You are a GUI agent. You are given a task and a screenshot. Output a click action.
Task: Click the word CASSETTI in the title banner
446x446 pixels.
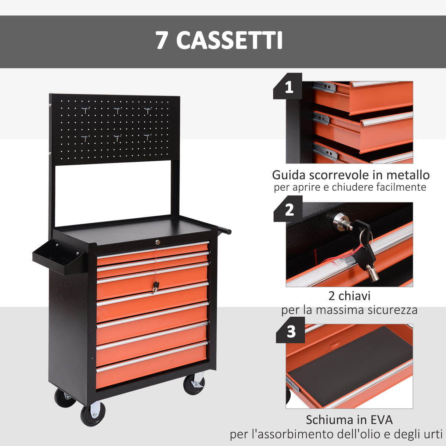(229, 40)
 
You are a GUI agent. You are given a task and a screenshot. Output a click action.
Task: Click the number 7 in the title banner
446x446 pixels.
(162, 40)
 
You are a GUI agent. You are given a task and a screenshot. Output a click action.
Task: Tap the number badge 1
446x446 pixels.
(289, 87)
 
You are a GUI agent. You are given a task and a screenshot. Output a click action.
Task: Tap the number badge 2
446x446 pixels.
(289, 210)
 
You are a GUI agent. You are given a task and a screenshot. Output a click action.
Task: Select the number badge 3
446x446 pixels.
(291, 332)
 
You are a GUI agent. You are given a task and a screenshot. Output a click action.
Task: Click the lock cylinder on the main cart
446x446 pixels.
(157, 242)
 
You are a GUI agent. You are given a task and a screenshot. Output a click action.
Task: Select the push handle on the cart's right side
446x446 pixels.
(224, 230)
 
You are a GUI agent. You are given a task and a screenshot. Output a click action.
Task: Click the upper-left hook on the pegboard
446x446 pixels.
(86, 111)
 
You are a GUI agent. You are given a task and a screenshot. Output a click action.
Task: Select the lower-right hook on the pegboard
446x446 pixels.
(147, 137)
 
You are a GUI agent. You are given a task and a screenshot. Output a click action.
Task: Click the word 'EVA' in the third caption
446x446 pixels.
(380, 420)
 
